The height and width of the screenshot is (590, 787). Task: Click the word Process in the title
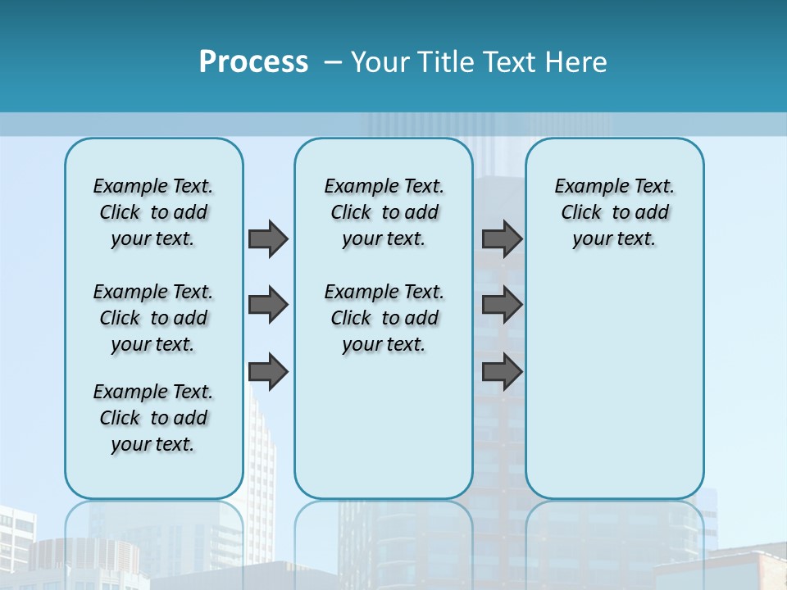click(253, 61)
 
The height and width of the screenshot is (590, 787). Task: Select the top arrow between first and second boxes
click(267, 238)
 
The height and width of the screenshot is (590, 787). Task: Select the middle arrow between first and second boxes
click(267, 305)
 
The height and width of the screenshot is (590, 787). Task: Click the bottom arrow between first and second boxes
click(267, 371)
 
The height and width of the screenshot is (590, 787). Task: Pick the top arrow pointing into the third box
click(502, 238)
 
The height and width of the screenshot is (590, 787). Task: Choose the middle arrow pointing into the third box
click(502, 305)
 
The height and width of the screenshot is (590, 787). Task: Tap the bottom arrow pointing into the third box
click(502, 371)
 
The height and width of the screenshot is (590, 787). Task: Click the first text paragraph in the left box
click(153, 212)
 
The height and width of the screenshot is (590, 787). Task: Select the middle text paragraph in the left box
click(153, 318)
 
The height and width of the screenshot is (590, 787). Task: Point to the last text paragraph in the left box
click(153, 418)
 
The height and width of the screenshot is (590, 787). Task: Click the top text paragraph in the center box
click(384, 212)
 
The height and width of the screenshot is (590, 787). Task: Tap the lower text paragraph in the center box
click(384, 318)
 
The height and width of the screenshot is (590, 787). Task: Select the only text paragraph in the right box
click(614, 212)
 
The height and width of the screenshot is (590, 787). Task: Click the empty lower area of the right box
click(614, 385)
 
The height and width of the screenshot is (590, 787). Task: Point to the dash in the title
click(333, 62)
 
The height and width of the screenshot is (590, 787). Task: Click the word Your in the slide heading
click(381, 61)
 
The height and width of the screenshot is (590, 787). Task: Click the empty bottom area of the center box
click(384, 434)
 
